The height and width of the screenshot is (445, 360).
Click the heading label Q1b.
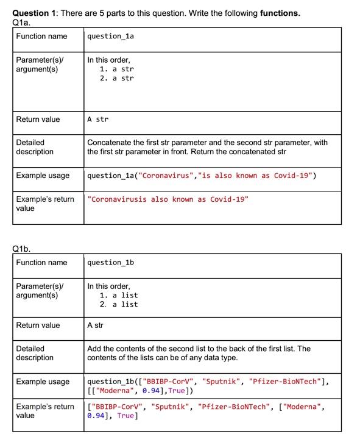coord(21,248)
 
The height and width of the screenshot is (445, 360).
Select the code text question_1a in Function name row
coord(110,37)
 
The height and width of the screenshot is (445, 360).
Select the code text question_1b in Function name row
coord(110,263)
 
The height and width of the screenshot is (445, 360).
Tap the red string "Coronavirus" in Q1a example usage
coord(164,176)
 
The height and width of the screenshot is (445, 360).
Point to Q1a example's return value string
coord(168,199)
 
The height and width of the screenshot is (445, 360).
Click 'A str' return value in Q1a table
coord(97,119)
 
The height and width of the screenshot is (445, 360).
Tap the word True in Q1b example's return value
coord(125,416)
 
